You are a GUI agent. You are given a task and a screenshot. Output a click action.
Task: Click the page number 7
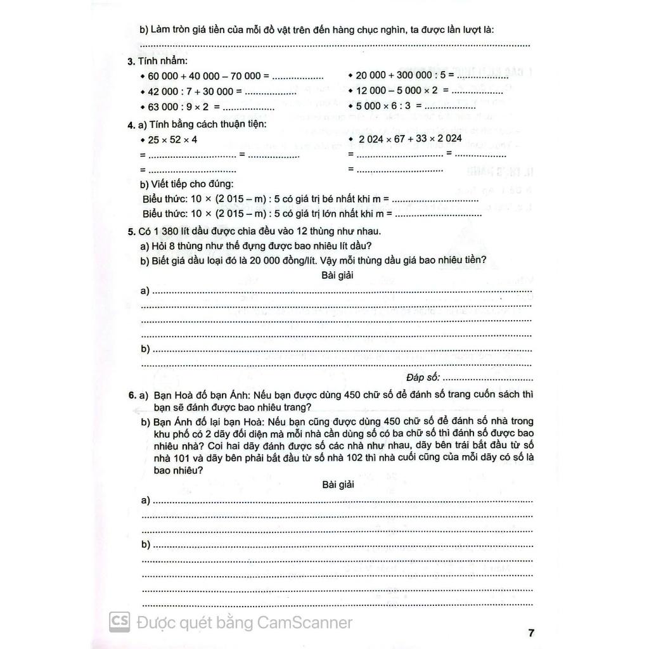(531, 633)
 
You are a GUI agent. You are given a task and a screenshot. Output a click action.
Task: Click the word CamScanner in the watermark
(305, 623)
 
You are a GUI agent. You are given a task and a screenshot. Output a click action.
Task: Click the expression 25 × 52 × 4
(172, 139)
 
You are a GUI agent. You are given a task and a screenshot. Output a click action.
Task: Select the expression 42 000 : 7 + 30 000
(191, 91)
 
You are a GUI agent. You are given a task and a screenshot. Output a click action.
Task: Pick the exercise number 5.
(130, 231)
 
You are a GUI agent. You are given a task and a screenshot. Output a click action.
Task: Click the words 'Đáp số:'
(423, 378)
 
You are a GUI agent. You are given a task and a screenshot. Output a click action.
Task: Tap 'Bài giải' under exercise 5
(337, 275)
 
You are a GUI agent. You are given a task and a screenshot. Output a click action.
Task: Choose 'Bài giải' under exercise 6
(337, 484)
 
